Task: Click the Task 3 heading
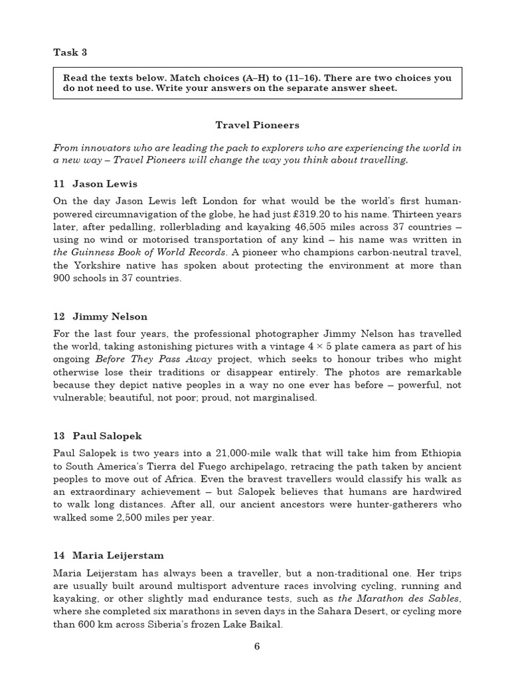tap(70, 52)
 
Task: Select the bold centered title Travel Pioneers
tap(257, 125)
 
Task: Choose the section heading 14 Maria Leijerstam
tap(108, 555)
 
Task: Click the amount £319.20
tap(346, 214)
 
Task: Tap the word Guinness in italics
tap(94, 252)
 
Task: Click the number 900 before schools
tap(64, 278)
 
